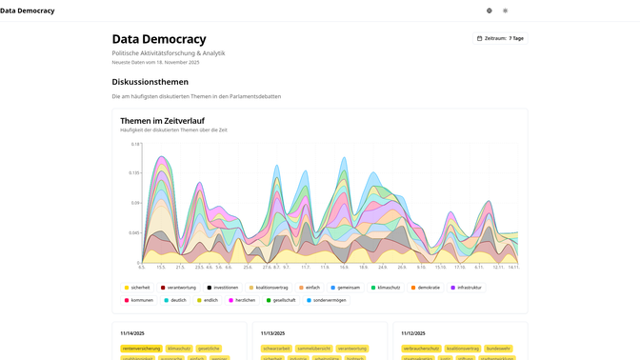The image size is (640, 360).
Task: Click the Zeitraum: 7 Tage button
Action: (500, 38)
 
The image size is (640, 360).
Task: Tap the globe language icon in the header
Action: (490, 10)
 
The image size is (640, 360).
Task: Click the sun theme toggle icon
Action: (506, 10)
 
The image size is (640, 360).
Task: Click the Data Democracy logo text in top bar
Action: (28, 10)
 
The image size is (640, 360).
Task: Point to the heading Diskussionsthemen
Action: (150, 82)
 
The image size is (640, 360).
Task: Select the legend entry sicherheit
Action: (137, 287)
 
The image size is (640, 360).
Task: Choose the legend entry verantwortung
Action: (179, 287)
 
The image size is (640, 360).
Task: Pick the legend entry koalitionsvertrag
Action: (269, 287)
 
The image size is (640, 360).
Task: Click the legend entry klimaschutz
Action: (386, 287)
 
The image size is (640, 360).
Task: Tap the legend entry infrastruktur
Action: (467, 287)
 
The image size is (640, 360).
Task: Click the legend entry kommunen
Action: (139, 300)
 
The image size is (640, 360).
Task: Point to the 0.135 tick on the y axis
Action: (133, 173)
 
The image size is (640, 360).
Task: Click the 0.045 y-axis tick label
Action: (133, 232)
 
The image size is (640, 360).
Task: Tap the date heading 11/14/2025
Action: (132, 333)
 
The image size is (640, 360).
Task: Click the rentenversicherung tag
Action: (141, 349)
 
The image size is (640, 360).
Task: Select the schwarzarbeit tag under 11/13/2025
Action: (277, 349)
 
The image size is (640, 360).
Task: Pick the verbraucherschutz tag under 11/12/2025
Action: (421, 349)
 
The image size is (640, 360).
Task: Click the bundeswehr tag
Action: (498, 349)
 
